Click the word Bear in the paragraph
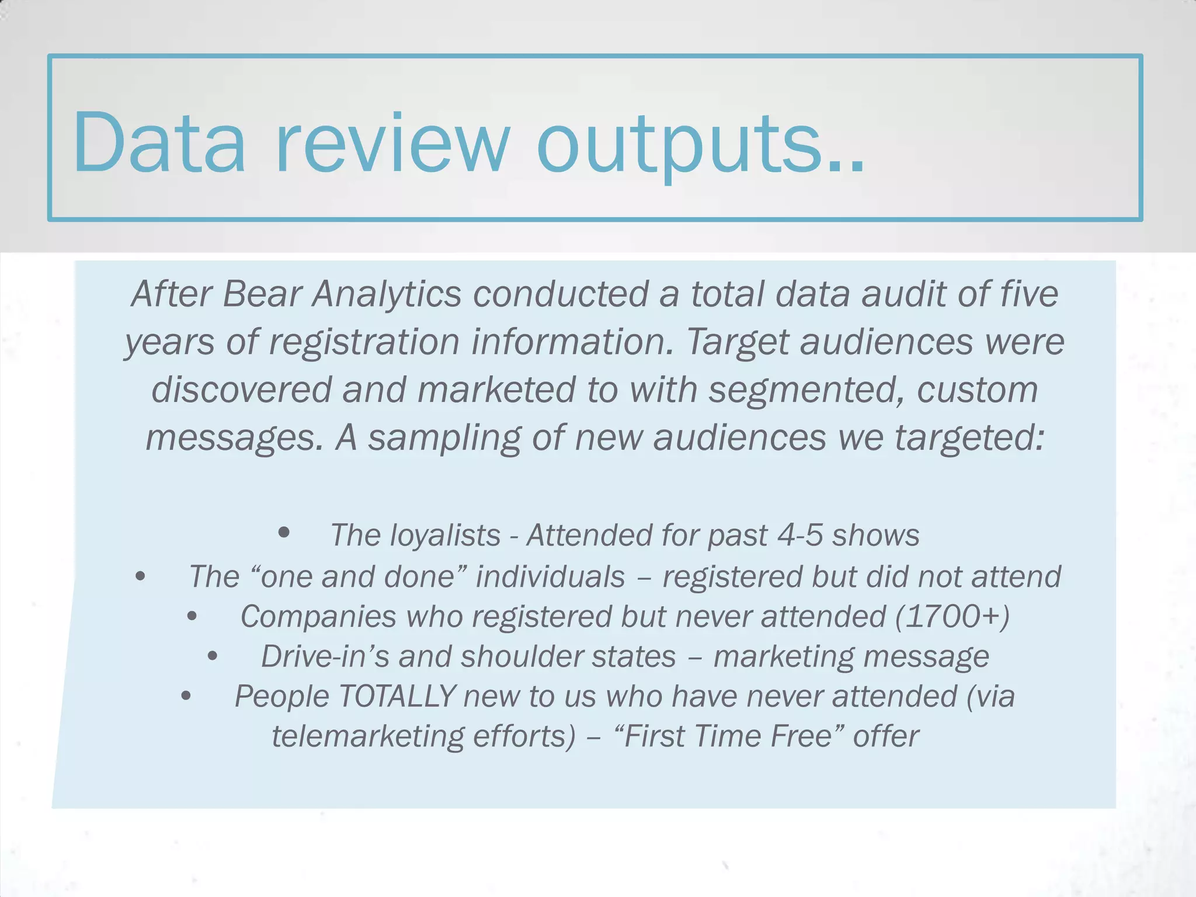coord(262,294)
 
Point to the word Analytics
coord(387,295)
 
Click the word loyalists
coord(445,536)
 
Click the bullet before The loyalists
coord(284,532)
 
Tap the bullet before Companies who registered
coord(192,616)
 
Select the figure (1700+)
coord(952,617)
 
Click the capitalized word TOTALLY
coord(397,697)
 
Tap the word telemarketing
coord(367,736)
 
